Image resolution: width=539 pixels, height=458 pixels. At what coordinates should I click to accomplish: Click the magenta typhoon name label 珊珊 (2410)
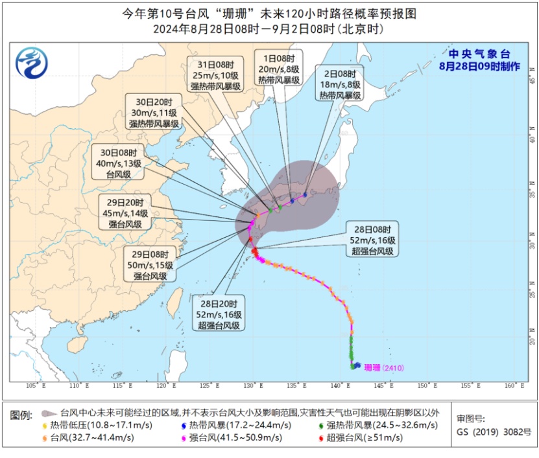(384, 368)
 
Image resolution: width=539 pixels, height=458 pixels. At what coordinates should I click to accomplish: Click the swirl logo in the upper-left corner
(32, 63)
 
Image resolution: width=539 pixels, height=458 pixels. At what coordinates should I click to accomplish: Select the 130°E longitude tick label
(252, 386)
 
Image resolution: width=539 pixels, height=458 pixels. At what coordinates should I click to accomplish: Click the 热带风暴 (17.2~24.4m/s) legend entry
(235, 425)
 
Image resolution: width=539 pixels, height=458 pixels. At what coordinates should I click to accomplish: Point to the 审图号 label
(470, 418)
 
